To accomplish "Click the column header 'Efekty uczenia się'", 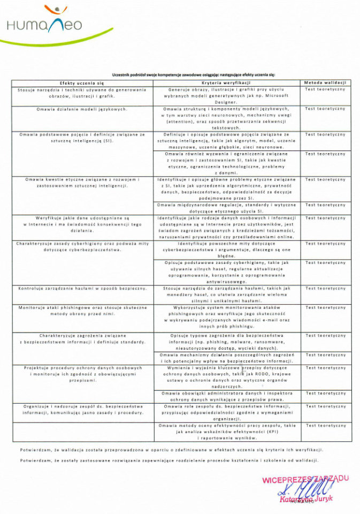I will pyautogui.click(x=82, y=83).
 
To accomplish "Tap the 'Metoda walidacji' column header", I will pyautogui.click(x=325, y=83).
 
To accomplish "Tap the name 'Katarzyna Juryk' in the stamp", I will pyautogui.click(x=306, y=498).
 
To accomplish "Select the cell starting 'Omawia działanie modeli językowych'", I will pyautogui.click(x=82, y=109).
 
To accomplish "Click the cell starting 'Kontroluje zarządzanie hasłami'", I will pyautogui.click(x=82, y=289).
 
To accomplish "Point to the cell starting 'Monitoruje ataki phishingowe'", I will pyautogui.click(x=82, y=311).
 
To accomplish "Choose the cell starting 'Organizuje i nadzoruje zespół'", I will pyautogui.click(x=82, y=410).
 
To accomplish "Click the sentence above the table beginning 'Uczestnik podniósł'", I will pyautogui.click(x=193, y=74).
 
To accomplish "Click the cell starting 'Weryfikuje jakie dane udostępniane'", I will pyautogui.click(x=82, y=221).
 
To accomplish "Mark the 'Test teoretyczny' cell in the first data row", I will pyautogui.click(x=325, y=89).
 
